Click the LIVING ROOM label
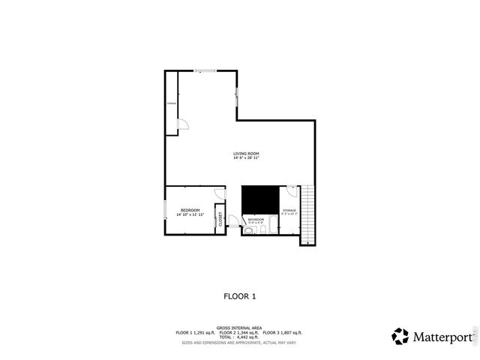point(246,154)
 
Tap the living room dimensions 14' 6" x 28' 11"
point(246,158)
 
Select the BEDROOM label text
point(190,210)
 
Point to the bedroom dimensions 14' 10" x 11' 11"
point(190,214)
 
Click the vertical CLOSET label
point(220,218)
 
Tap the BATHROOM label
point(256,219)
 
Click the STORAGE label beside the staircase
point(289,210)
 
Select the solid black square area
point(259,200)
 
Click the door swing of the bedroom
point(220,193)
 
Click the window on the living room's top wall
point(205,71)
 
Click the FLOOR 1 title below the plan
point(240,296)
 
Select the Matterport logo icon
point(400,336)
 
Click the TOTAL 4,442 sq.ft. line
point(239,337)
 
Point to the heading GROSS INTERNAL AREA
point(239,328)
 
